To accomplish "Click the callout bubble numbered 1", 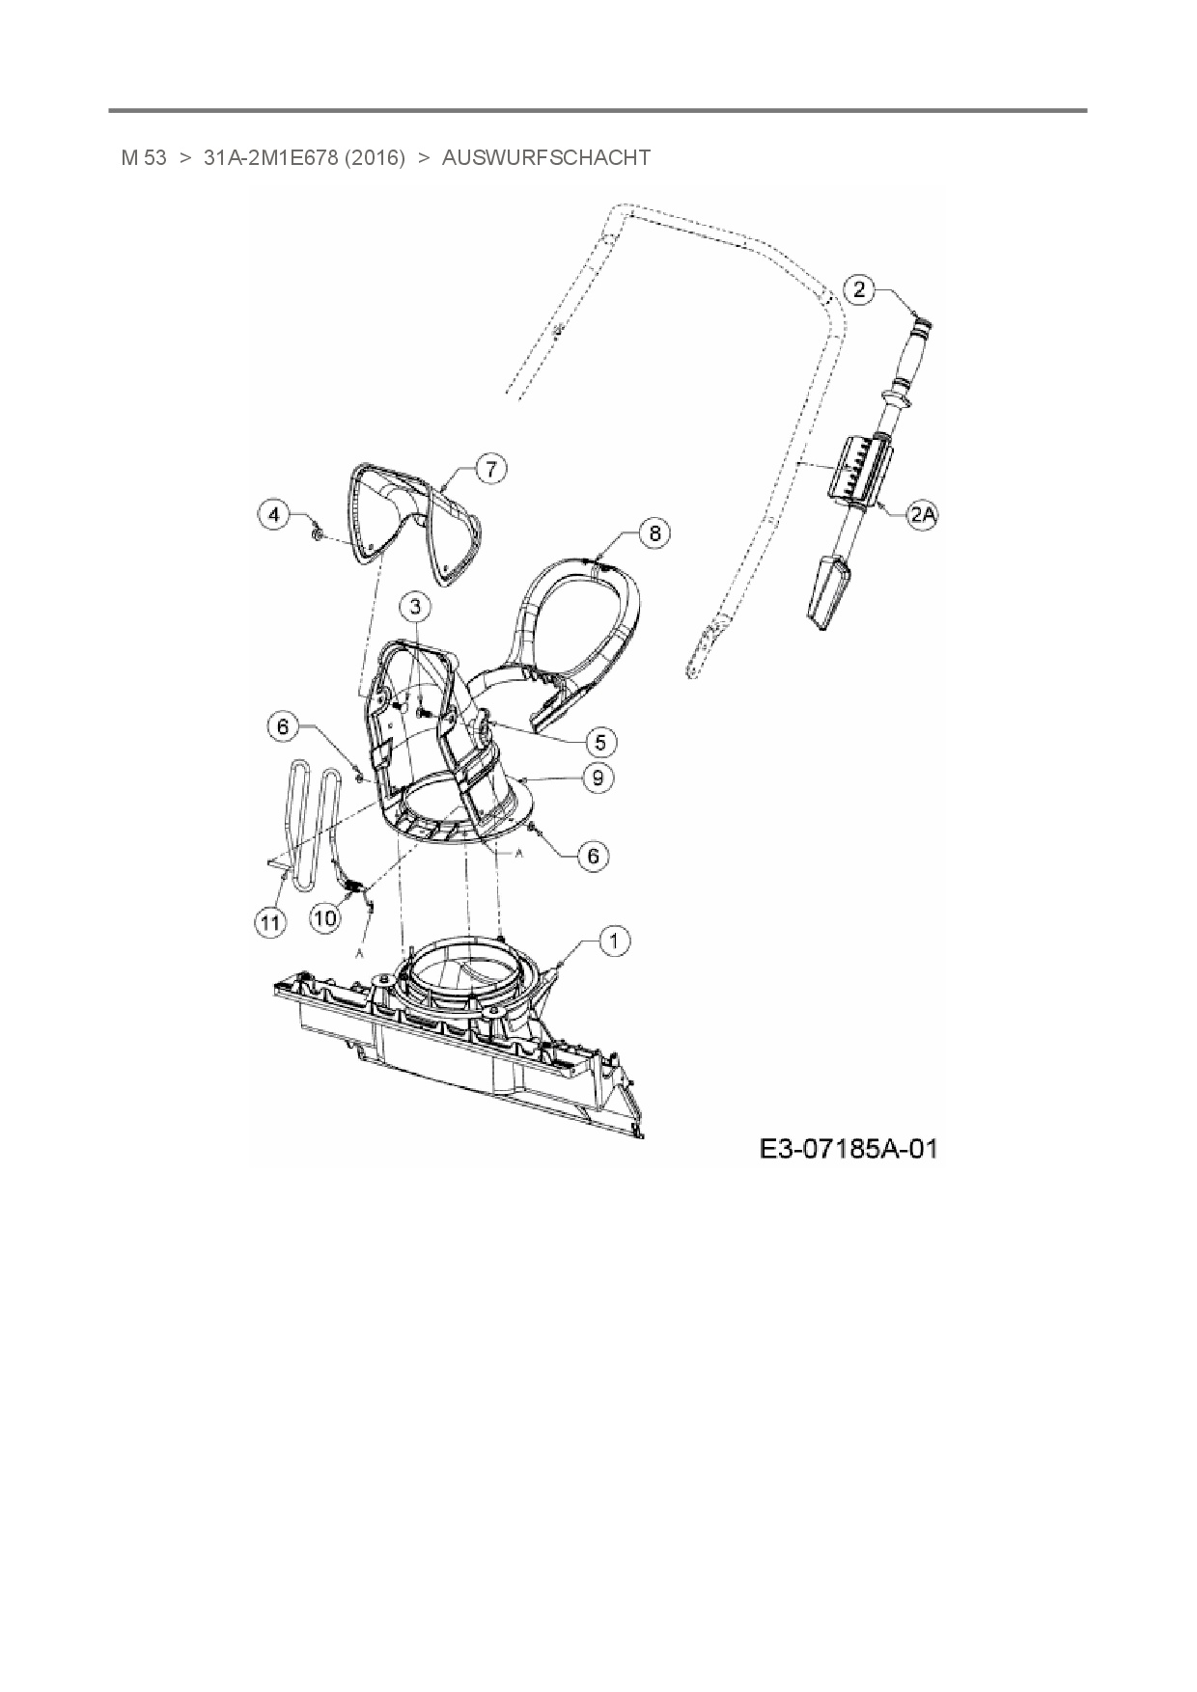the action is (615, 940).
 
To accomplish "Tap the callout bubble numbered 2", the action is (860, 288).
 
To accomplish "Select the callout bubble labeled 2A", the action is (923, 515).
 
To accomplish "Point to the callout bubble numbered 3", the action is (416, 607).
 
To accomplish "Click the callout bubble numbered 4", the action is (275, 515).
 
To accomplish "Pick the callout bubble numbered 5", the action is (600, 742).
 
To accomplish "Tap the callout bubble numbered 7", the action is (490, 470).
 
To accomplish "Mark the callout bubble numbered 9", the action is (598, 778).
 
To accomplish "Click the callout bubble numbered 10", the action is (325, 917).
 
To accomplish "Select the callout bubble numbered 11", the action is (271, 921).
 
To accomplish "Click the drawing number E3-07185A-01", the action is (848, 1149).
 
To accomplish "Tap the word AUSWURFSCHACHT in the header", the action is (545, 157).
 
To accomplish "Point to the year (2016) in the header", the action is (372, 157).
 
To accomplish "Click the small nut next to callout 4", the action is (317, 533).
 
